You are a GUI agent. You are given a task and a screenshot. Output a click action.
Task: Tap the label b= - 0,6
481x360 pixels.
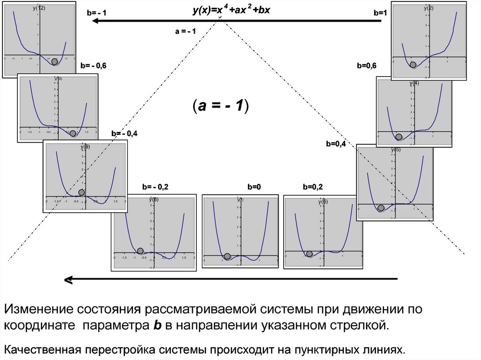tap(93, 66)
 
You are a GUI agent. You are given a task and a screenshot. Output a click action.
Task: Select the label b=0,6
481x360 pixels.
tap(366, 66)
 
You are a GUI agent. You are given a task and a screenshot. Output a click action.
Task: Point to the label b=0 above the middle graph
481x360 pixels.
tap(254, 187)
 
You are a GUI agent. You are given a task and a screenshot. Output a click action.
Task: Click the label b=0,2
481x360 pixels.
tap(313, 187)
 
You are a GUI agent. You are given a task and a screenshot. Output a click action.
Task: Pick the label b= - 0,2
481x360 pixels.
tap(155, 187)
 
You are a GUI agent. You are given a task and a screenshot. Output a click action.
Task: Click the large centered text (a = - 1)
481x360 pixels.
tap(220, 106)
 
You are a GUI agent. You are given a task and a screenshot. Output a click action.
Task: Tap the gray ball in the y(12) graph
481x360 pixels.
tap(54, 61)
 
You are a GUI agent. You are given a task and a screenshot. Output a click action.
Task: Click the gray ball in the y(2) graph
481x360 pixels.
tap(413, 64)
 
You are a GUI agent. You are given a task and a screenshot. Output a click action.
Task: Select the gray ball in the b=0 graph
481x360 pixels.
tap(227, 256)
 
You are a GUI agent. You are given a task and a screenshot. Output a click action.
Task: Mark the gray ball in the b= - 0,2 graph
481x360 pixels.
tap(140, 251)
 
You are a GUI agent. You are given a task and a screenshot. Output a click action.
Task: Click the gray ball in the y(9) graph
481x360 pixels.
tap(82, 192)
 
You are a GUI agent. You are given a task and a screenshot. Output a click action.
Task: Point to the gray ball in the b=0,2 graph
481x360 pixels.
tap(309, 254)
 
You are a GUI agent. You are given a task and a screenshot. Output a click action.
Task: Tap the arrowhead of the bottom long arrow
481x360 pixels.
tap(69, 280)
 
